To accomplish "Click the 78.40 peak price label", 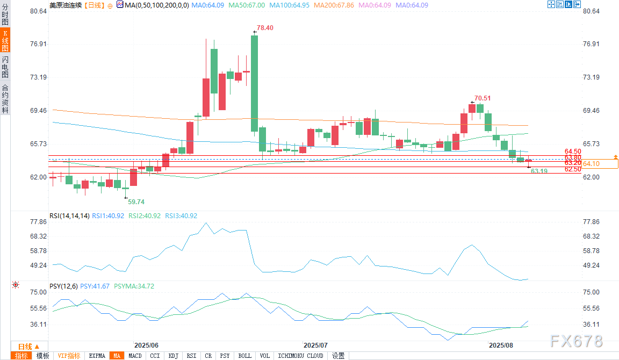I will (265, 28).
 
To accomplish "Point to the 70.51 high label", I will (482, 98).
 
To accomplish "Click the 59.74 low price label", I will (136, 202).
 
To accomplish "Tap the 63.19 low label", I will (539, 171).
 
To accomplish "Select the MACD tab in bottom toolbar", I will (135, 356).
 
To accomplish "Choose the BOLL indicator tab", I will (244, 356).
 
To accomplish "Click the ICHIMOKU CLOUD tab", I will (300, 356).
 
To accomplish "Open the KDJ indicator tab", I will (173, 356).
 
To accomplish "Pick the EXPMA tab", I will (97, 356).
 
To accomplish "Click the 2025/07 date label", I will (315, 345).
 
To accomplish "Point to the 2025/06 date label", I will (146, 345).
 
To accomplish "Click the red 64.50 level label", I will (573, 152).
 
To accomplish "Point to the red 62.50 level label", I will (573, 169).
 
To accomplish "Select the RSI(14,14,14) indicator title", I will (69, 216).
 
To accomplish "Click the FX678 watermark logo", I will (577, 341).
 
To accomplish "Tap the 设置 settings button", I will (338, 356).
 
